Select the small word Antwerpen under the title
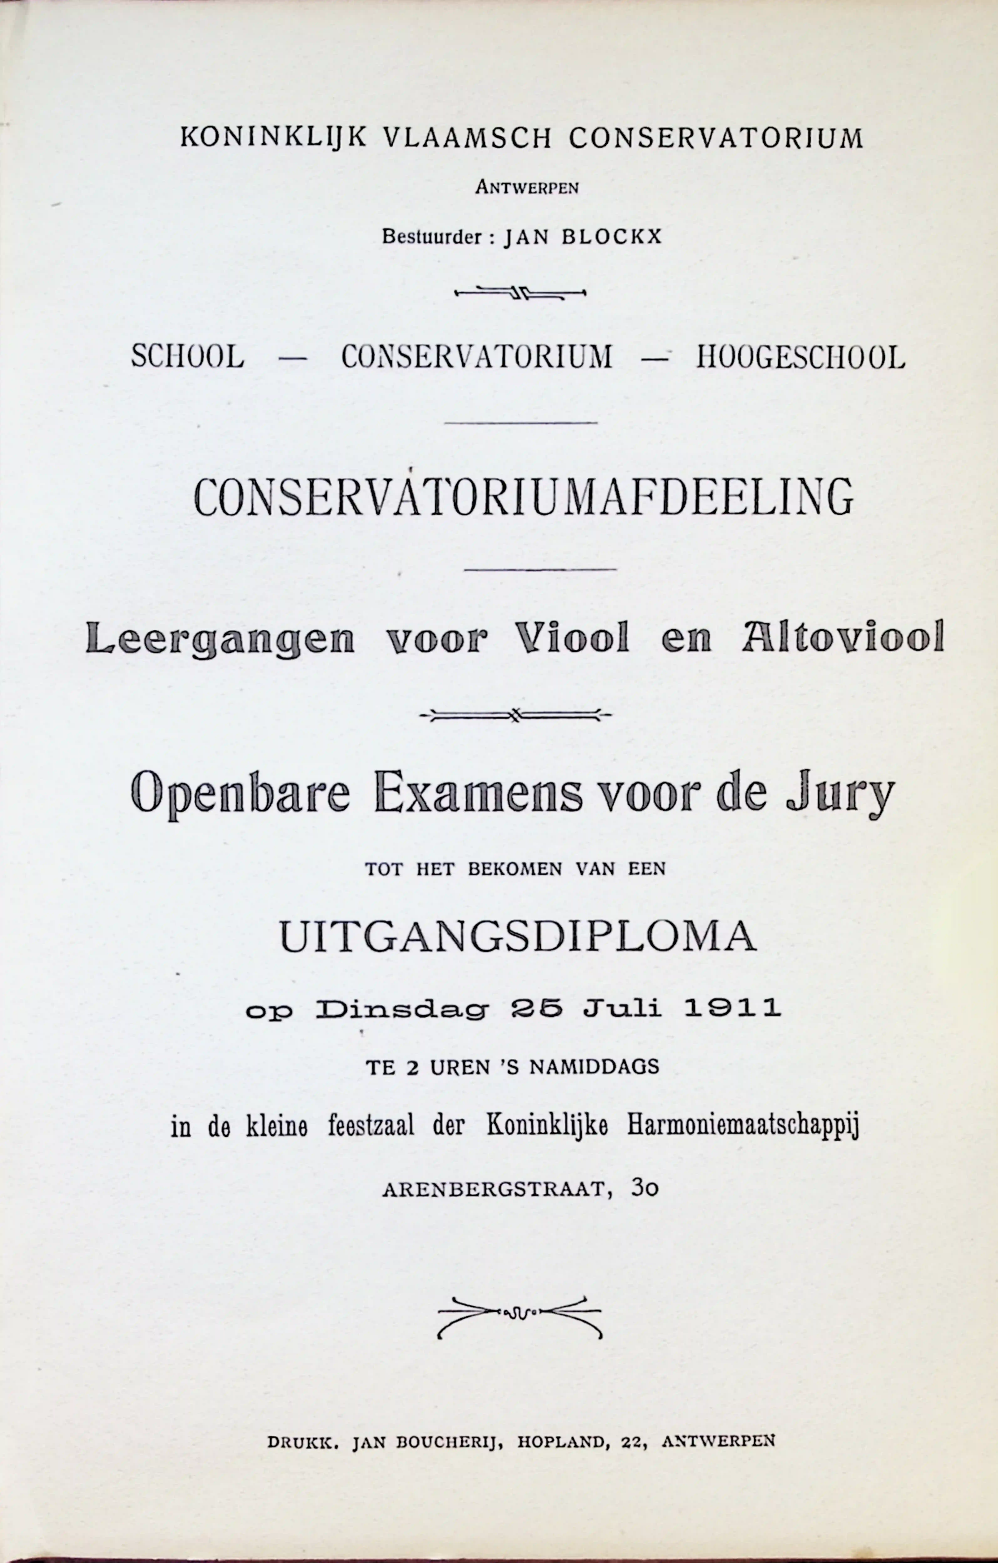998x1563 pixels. [527, 188]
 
